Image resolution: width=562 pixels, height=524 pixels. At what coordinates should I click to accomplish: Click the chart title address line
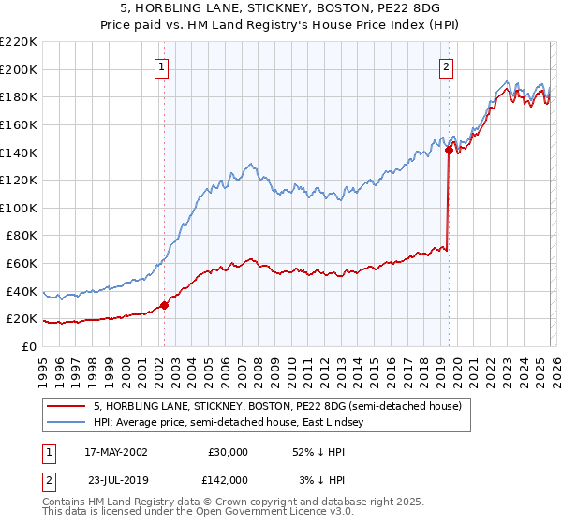(281, 8)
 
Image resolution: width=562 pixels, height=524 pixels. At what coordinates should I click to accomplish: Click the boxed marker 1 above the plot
(163, 66)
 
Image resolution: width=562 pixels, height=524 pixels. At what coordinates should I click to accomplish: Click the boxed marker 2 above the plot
(447, 66)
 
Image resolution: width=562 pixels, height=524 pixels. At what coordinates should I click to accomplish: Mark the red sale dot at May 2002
(164, 304)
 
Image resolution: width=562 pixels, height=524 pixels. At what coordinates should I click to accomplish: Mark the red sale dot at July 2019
(449, 149)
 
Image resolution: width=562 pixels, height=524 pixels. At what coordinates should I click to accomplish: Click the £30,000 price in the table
(227, 452)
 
